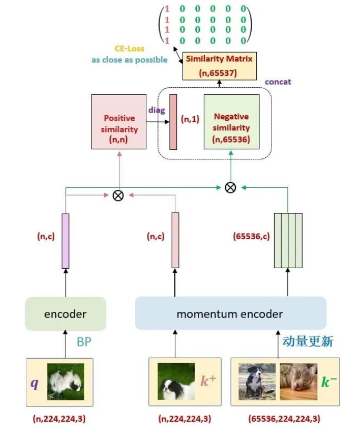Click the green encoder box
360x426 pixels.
[66, 314]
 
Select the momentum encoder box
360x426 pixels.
[231, 313]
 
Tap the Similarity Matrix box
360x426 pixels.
[219, 66]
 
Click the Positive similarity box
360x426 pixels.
[118, 121]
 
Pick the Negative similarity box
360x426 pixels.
[232, 121]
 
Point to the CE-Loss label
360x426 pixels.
[129, 48]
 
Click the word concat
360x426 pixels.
[278, 82]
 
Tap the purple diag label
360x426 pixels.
[157, 110]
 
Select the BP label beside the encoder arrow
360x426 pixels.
[84, 342]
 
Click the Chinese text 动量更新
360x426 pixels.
[308, 341]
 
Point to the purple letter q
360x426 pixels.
[35, 383]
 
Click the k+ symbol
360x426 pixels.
[208, 380]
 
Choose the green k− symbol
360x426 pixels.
[329, 381]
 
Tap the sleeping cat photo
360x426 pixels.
[298, 382]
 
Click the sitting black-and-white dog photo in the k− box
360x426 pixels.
[257, 382]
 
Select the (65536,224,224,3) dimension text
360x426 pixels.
[284, 419]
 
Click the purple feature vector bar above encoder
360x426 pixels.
[66, 241]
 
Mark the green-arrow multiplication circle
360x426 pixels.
[231, 187]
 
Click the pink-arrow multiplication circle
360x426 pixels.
[118, 195]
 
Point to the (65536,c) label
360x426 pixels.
[251, 236]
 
